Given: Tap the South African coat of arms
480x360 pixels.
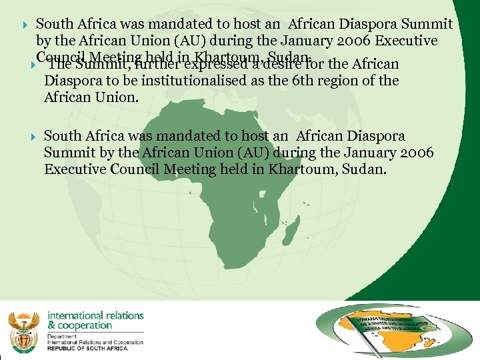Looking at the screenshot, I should [24, 329].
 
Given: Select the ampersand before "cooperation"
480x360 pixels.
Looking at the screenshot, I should [51, 325].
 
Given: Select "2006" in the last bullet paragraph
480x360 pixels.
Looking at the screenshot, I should [413, 153].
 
